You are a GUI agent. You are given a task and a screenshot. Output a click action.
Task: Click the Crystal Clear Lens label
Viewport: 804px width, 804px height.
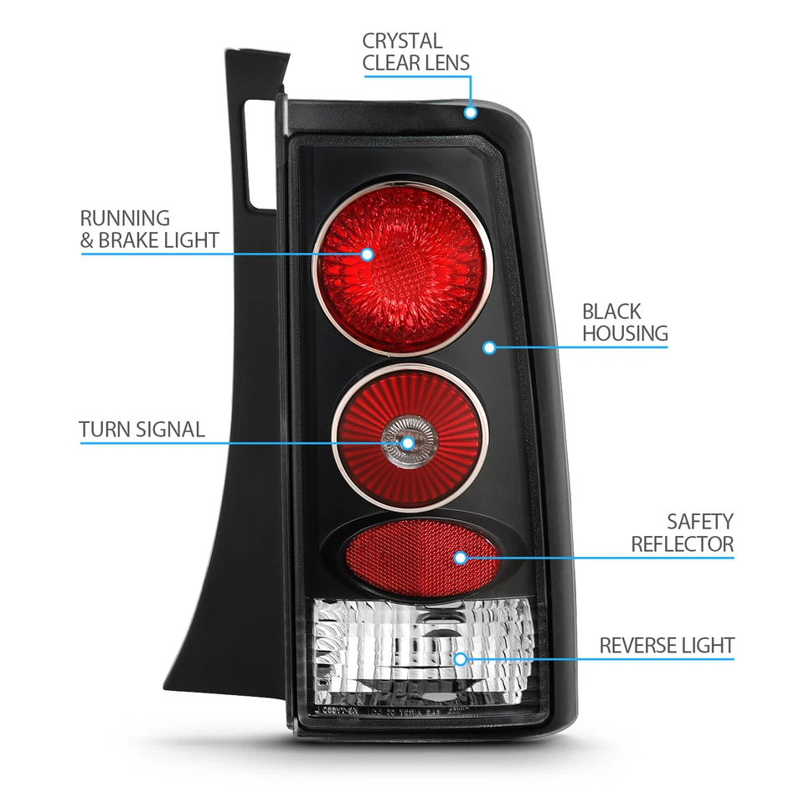coord(415,51)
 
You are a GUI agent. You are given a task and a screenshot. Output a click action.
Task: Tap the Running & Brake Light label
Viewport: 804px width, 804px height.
coord(149,229)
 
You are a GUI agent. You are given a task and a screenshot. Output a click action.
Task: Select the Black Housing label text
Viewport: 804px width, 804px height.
coord(625,322)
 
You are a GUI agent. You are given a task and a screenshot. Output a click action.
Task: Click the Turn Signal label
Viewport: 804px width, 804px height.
coord(142,430)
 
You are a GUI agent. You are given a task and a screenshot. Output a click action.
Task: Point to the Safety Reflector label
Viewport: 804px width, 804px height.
coord(683,533)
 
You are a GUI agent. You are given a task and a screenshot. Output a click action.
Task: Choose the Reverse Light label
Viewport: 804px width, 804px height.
coord(667,646)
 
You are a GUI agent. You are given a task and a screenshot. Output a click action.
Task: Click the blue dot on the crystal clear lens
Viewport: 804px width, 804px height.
coord(471,111)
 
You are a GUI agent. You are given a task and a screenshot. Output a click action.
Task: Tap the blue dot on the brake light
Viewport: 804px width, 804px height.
coord(367,254)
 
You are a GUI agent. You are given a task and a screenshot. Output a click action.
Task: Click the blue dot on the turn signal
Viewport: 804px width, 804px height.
coord(408,442)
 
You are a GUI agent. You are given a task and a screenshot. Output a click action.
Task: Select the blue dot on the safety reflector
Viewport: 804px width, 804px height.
coord(460,557)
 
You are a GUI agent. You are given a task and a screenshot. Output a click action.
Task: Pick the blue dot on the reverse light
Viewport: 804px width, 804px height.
coord(460,658)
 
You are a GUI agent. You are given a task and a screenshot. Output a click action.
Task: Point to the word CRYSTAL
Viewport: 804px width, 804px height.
coord(402,40)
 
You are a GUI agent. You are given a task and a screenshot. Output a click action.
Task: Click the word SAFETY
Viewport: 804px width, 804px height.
coord(700,522)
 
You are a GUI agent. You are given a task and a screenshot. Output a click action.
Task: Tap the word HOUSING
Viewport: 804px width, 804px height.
coord(625,333)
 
